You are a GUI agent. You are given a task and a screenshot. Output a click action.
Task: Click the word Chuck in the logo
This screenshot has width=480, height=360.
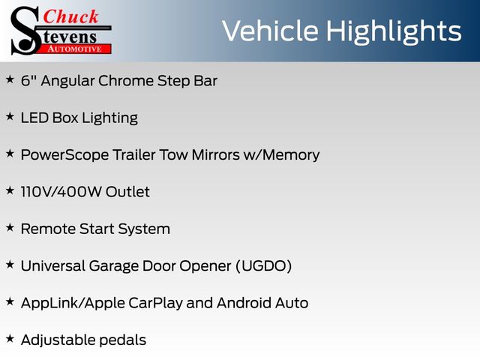coord(70,16)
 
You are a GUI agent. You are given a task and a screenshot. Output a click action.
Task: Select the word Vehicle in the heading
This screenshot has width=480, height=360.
coord(270,31)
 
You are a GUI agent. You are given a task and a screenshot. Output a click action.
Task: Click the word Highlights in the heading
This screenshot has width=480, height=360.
coord(393,31)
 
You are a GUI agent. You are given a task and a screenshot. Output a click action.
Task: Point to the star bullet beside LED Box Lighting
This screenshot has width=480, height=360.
coord(10,116)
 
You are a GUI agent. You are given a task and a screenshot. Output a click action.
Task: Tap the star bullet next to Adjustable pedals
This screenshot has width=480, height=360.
coord(10,338)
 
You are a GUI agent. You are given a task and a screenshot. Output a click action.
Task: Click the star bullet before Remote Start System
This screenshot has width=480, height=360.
coord(10,227)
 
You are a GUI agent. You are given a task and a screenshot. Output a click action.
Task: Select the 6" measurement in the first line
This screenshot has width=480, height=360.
coord(28,80)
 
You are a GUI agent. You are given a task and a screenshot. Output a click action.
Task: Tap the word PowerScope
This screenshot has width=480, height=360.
coord(64,155)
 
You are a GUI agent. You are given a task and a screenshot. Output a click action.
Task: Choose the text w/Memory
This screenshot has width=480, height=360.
coord(281,155)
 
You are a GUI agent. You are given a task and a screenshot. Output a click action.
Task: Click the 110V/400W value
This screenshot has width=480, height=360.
coord(61,192)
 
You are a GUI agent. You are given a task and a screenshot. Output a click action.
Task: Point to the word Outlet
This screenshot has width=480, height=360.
coord(127,192)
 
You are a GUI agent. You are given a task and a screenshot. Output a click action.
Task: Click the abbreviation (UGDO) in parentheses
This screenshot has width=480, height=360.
coord(264,266)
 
